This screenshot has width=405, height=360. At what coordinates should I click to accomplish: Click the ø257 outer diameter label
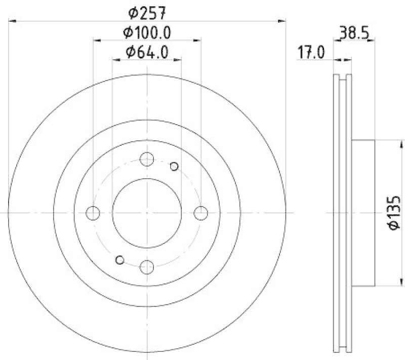(147, 11)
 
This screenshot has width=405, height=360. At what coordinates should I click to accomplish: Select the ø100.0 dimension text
(147, 32)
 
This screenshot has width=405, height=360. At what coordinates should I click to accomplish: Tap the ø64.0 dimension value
(147, 52)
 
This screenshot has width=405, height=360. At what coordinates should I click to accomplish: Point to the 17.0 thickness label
(311, 52)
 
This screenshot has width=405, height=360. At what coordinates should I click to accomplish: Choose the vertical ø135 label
(394, 213)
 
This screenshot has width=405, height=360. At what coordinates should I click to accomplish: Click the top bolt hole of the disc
(147, 159)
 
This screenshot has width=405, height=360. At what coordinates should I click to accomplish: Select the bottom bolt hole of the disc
(147, 266)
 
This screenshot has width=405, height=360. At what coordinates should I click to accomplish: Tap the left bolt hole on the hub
(93, 213)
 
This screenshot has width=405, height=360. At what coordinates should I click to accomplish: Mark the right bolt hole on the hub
(200, 213)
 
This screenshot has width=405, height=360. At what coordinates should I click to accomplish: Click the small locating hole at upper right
(174, 166)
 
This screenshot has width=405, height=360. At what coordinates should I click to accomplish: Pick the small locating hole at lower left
(120, 260)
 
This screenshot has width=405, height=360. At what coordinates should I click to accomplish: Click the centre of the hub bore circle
(147, 213)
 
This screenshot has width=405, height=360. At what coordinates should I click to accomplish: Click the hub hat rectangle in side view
(362, 213)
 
